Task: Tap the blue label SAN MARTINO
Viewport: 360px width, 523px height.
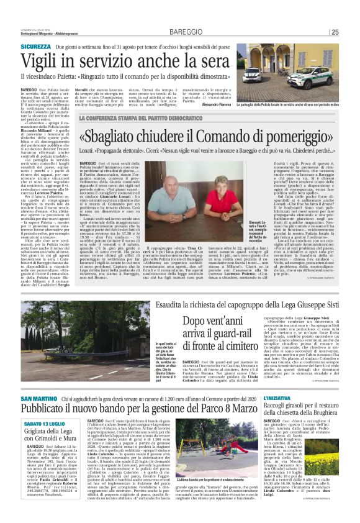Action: pos(38,398)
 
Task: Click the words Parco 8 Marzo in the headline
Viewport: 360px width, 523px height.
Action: pos(214,411)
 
